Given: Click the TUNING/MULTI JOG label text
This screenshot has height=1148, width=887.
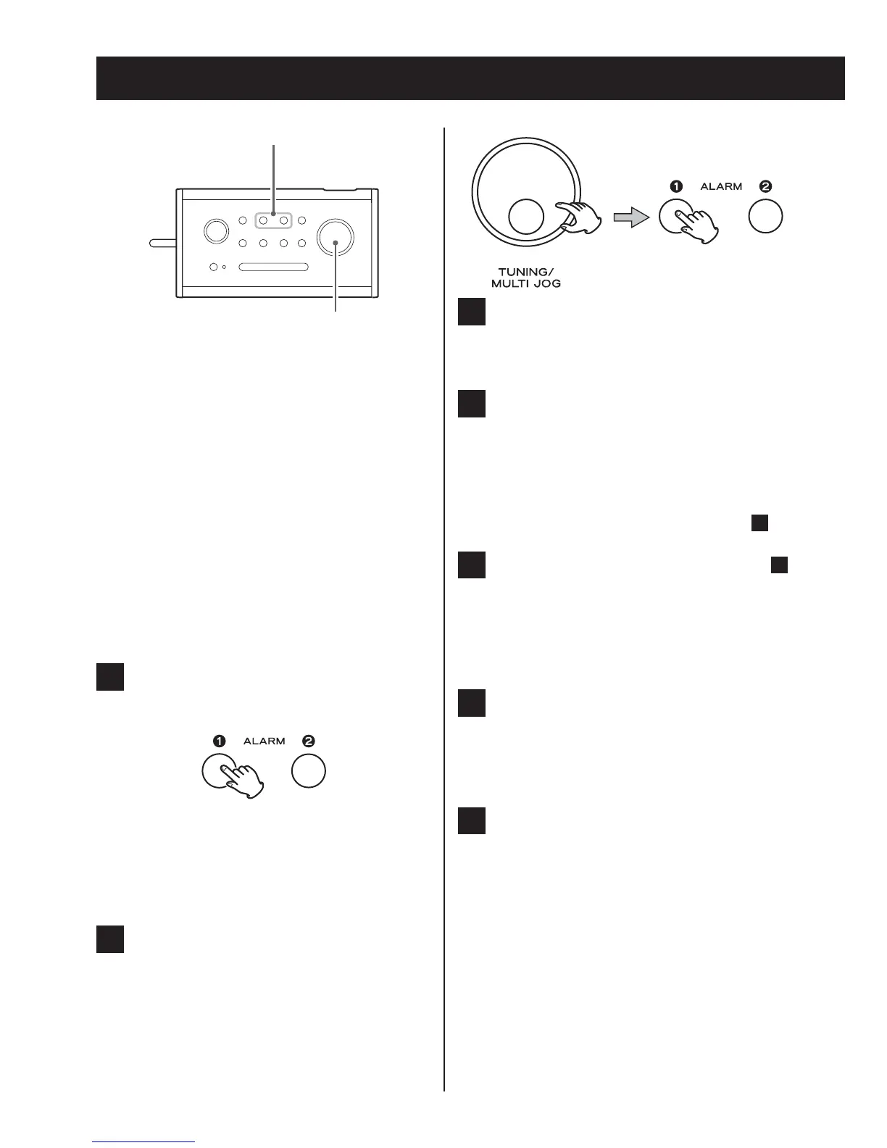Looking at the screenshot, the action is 526,278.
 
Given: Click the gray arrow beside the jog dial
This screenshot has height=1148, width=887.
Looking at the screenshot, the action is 630,217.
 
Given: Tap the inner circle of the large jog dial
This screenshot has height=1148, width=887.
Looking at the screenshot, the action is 526,216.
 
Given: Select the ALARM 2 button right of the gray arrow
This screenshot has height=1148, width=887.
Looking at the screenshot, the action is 765,215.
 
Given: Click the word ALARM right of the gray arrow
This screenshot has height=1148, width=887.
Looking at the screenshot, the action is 721,187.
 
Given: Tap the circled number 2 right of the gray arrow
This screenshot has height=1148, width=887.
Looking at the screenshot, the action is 765,186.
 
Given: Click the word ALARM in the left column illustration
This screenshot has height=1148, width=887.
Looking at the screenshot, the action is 264,741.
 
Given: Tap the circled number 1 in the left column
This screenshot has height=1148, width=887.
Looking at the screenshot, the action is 219,741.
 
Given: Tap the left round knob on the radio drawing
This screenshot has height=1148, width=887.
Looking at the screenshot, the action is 215,230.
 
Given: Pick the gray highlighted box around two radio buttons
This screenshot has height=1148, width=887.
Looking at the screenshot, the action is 274,220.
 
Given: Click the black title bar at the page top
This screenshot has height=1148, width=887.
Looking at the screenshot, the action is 470,78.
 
